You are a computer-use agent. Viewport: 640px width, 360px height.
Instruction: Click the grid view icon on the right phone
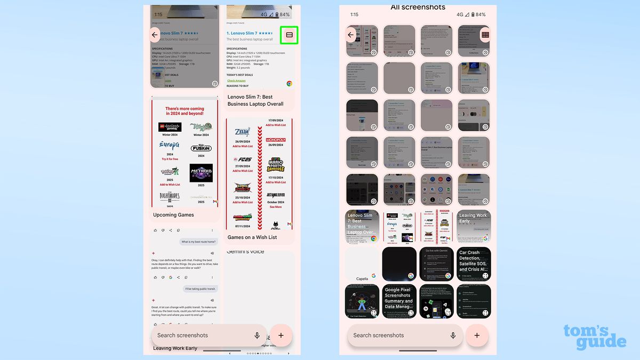pos(485,35)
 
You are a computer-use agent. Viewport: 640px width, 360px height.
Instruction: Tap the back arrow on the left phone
pos(155,35)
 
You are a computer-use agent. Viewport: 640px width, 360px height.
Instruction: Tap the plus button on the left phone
pos(281,335)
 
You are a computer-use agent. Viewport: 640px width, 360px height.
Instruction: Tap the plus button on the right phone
pos(477,335)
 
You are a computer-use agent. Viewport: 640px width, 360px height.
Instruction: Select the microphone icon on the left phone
pos(257,335)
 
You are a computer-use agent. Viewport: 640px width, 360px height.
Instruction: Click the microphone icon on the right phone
pos(453,335)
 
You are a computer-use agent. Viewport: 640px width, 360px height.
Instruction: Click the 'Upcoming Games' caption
pos(173,215)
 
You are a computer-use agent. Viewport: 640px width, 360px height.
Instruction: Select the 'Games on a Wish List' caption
pos(252,237)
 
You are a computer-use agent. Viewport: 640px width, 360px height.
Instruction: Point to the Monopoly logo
pos(276,140)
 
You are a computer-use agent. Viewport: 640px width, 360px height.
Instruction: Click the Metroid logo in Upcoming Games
pos(201,173)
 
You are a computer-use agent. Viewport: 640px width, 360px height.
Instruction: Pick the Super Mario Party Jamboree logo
pos(276,165)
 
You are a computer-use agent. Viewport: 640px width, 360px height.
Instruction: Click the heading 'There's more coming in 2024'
pos(185,111)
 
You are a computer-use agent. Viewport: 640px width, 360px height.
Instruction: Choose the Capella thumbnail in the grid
pos(362,264)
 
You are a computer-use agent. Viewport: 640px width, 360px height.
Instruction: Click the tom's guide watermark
pos(594,337)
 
